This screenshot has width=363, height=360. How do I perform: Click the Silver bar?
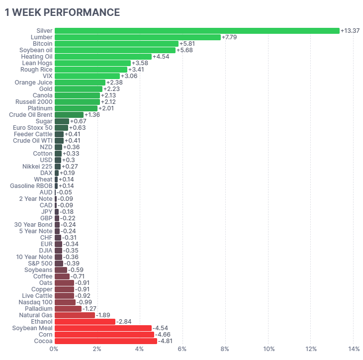(197, 31)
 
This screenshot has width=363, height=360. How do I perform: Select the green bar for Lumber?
(137, 37)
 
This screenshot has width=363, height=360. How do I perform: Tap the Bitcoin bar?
(116, 44)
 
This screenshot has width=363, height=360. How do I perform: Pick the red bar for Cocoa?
(106, 341)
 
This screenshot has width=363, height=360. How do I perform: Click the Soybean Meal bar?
(103, 328)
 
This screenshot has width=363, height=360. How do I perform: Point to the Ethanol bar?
(85, 322)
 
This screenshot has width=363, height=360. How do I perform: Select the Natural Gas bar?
(75, 315)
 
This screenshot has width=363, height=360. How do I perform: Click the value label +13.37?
(351, 31)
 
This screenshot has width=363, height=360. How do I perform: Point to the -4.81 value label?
(167, 341)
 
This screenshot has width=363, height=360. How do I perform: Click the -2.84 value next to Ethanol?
(125, 322)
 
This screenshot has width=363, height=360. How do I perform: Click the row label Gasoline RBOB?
(31, 186)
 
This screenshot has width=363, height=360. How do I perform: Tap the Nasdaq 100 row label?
(35, 302)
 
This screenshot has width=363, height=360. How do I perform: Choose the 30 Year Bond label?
(33, 225)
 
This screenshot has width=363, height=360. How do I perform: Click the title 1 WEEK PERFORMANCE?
(62, 12)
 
